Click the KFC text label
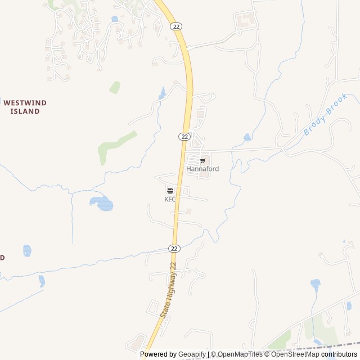click(x=170, y=199)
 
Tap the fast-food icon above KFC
click(x=170, y=191)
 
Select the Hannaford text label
click(x=202, y=169)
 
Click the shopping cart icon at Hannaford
click(x=202, y=161)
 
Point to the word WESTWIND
click(x=25, y=103)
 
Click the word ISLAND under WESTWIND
click(x=25, y=111)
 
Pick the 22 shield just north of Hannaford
click(x=184, y=137)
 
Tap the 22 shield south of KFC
click(x=174, y=248)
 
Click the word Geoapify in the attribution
click(x=192, y=354)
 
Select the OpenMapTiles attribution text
click(x=240, y=354)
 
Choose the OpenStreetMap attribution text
click(x=295, y=354)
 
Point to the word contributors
click(x=339, y=354)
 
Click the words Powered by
click(x=158, y=354)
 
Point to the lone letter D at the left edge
click(x=2, y=258)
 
